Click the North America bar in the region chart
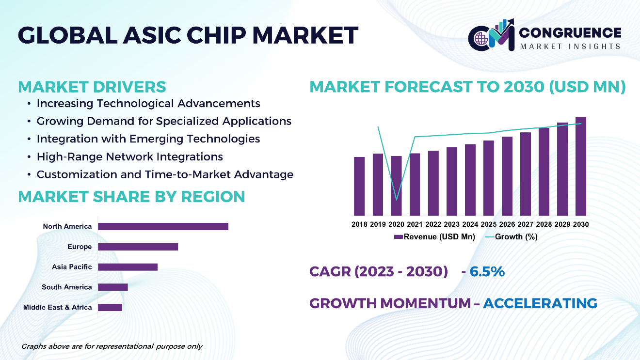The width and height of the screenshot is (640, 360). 163,226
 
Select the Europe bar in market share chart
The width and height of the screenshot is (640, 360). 138,247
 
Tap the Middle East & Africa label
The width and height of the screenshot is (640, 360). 57,307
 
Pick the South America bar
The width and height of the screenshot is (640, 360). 113,287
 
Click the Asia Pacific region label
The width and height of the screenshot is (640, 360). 72,267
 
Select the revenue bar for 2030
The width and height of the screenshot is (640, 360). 580,166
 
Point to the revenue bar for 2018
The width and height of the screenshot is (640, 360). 359,187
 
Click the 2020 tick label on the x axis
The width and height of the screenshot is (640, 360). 396,224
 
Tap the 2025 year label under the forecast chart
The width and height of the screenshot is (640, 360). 489,224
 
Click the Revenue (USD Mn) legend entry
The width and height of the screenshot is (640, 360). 434,236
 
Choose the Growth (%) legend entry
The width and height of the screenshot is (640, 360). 512,236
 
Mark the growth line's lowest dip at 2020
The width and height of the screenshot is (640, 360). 396,200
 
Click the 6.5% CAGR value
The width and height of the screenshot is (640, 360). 487,271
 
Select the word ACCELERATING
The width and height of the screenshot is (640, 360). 540,303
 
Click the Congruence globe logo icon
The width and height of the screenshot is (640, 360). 481,38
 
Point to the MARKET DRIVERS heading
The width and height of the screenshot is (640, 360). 92,87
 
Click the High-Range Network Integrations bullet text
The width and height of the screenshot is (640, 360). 130,157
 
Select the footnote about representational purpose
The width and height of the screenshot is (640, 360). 112,346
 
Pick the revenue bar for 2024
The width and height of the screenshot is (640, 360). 470,180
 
